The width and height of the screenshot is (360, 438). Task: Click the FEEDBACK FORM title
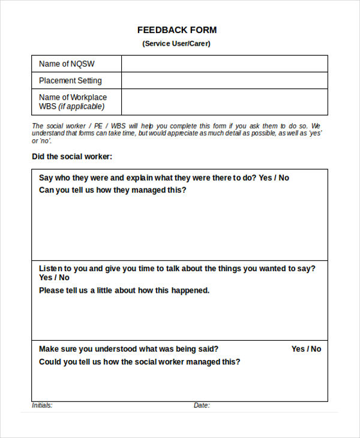177,30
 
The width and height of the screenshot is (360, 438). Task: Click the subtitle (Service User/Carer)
176,44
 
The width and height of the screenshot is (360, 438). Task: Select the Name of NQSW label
67,64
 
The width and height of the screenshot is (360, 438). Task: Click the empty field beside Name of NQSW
224,64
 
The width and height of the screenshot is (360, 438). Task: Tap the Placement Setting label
70,80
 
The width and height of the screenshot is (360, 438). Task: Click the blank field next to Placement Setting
224,80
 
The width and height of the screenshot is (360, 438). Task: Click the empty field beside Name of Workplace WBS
224,102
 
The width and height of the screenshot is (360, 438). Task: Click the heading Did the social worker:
72,157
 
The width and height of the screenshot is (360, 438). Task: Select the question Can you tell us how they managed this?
113,190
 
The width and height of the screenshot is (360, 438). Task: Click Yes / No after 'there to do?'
274,178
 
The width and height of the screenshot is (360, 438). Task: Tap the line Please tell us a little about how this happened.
124,290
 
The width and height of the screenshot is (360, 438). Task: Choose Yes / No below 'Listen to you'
54,278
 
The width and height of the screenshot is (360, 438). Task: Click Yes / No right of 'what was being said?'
306,349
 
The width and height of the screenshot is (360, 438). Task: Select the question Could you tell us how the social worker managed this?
139,362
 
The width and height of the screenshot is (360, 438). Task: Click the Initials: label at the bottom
42,406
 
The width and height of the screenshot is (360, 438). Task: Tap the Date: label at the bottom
202,406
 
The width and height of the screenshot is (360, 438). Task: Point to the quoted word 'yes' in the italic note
316,133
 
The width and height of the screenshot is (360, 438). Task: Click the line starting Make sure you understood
128,349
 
